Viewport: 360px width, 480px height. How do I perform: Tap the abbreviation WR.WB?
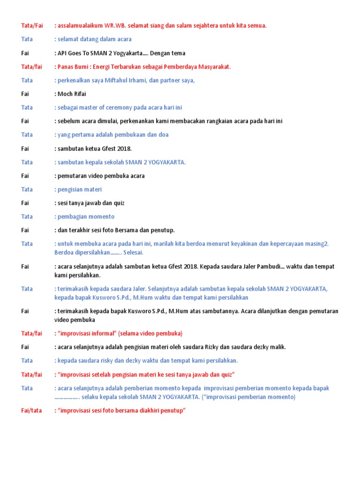click(x=115, y=25)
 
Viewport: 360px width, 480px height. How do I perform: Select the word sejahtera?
click(x=199, y=25)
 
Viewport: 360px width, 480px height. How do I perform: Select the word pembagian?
click(x=71, y=217)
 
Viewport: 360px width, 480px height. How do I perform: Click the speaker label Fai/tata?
click(x=31, y=411)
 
